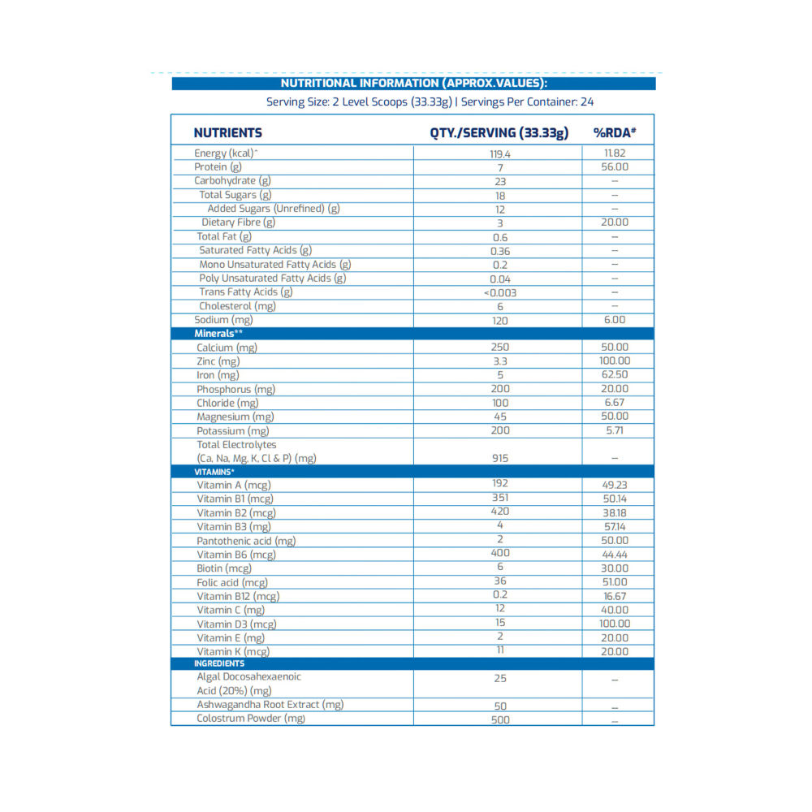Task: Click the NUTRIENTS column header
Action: click(227, 133)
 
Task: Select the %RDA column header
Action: click(613, 133)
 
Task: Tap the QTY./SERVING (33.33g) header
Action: click(499, 133)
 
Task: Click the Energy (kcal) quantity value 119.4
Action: click(500, 153)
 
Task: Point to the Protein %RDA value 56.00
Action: click(615, 167)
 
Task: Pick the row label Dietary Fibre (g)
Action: click(239, 222)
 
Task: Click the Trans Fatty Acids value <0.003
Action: click(500, 292)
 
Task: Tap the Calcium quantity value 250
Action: click(500, 348)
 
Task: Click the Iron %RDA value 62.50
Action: click(615, 375)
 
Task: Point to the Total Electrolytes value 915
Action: click(500, 459)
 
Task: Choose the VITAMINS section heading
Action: click(214, 472)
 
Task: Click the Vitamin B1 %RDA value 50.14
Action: click(615, 499)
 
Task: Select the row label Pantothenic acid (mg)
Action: click(246, 541)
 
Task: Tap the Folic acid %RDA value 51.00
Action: click(615, 582)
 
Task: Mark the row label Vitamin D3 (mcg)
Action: click(236, 624)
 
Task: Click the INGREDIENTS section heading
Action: click(219, 664)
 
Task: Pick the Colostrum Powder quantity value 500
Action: click(500, 719)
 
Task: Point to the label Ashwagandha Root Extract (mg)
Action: click(270, 705)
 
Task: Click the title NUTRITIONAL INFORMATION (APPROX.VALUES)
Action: click(413, 83)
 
